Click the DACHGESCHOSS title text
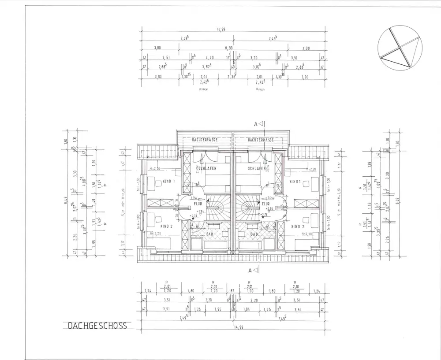[x=97, y=326]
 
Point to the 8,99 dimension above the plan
[x=228, y=48]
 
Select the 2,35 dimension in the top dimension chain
[x=232, y=77]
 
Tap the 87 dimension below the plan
[x=232, y=291]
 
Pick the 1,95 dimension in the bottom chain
[x=218, y=309]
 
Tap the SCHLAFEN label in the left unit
[x=207, y=169]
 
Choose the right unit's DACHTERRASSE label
[x=261, y=140]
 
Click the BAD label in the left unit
[x=210, y=234]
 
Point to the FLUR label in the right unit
[x=266, y=204]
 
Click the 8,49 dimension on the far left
[x=65, y=203]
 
